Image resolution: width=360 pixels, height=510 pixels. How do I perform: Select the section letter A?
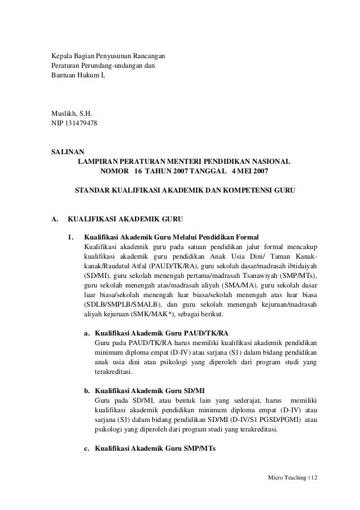55,218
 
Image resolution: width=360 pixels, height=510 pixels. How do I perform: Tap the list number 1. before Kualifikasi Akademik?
71,237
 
